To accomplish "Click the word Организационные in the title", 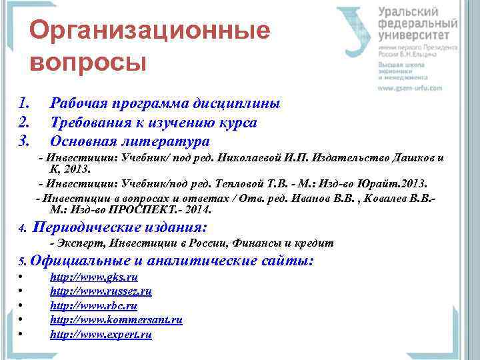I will (150, 31).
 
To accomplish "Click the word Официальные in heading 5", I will (81, 261).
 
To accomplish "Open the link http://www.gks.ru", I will (94, 277).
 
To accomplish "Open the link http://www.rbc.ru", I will (93, 306).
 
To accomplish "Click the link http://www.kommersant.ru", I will (116, 320).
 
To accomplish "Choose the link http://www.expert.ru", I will (101, 335).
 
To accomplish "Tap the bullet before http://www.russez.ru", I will (22, 292).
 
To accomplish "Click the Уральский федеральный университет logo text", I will (417, 23).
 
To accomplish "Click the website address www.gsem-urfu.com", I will (410, 88).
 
